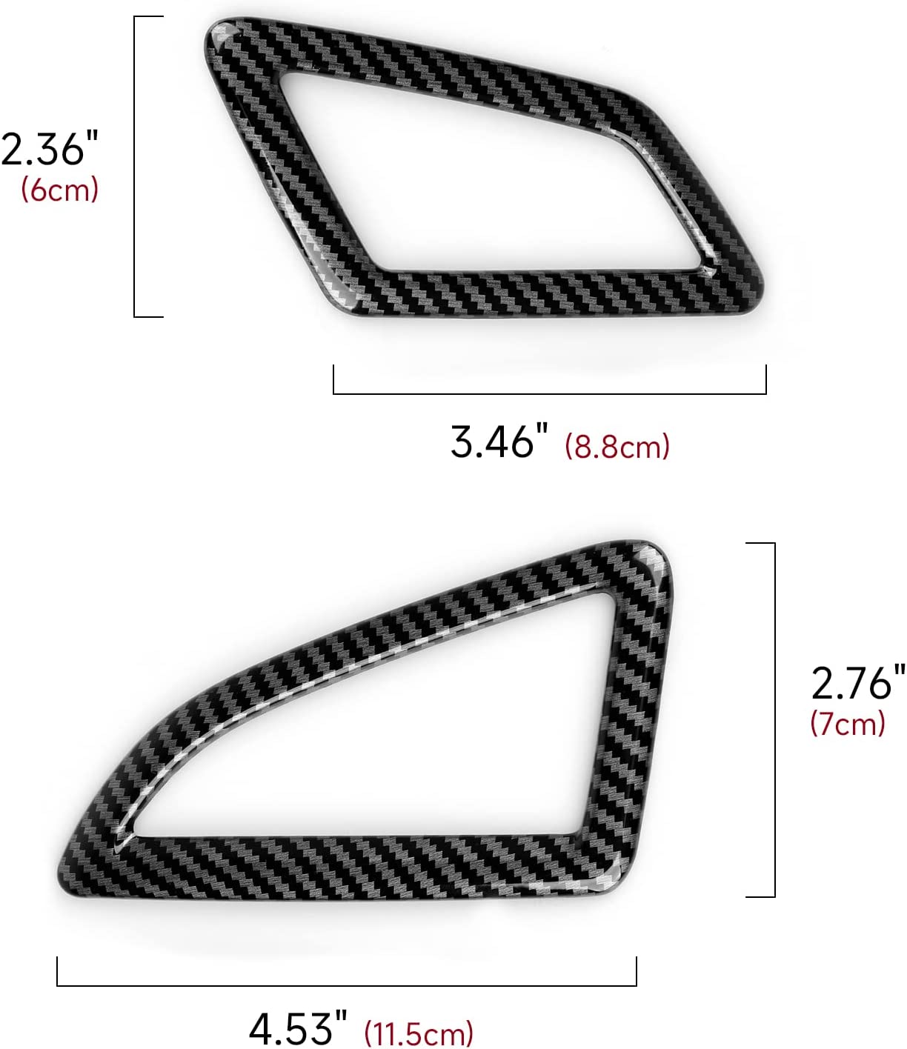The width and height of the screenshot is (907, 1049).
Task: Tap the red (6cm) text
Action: click(x=59, y=190)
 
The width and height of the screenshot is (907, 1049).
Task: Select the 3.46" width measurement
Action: click(x=499, y=442)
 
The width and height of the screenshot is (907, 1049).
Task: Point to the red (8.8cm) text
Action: click(x=617, y=447)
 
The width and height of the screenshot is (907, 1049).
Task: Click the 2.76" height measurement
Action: click(x=857, y=682)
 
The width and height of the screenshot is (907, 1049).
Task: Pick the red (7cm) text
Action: click(x=848, y=723)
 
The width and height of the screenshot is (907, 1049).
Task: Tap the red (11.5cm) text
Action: click(x=419, y=1033)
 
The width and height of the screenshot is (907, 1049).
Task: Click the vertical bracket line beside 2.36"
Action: click(x=135, y=167)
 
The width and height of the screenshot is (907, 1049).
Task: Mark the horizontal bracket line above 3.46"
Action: click(x=549, y=393)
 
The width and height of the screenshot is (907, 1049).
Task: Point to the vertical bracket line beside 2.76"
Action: click(x=774, y=719)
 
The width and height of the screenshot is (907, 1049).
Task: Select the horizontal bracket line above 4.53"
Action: click(x=346, y=985)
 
